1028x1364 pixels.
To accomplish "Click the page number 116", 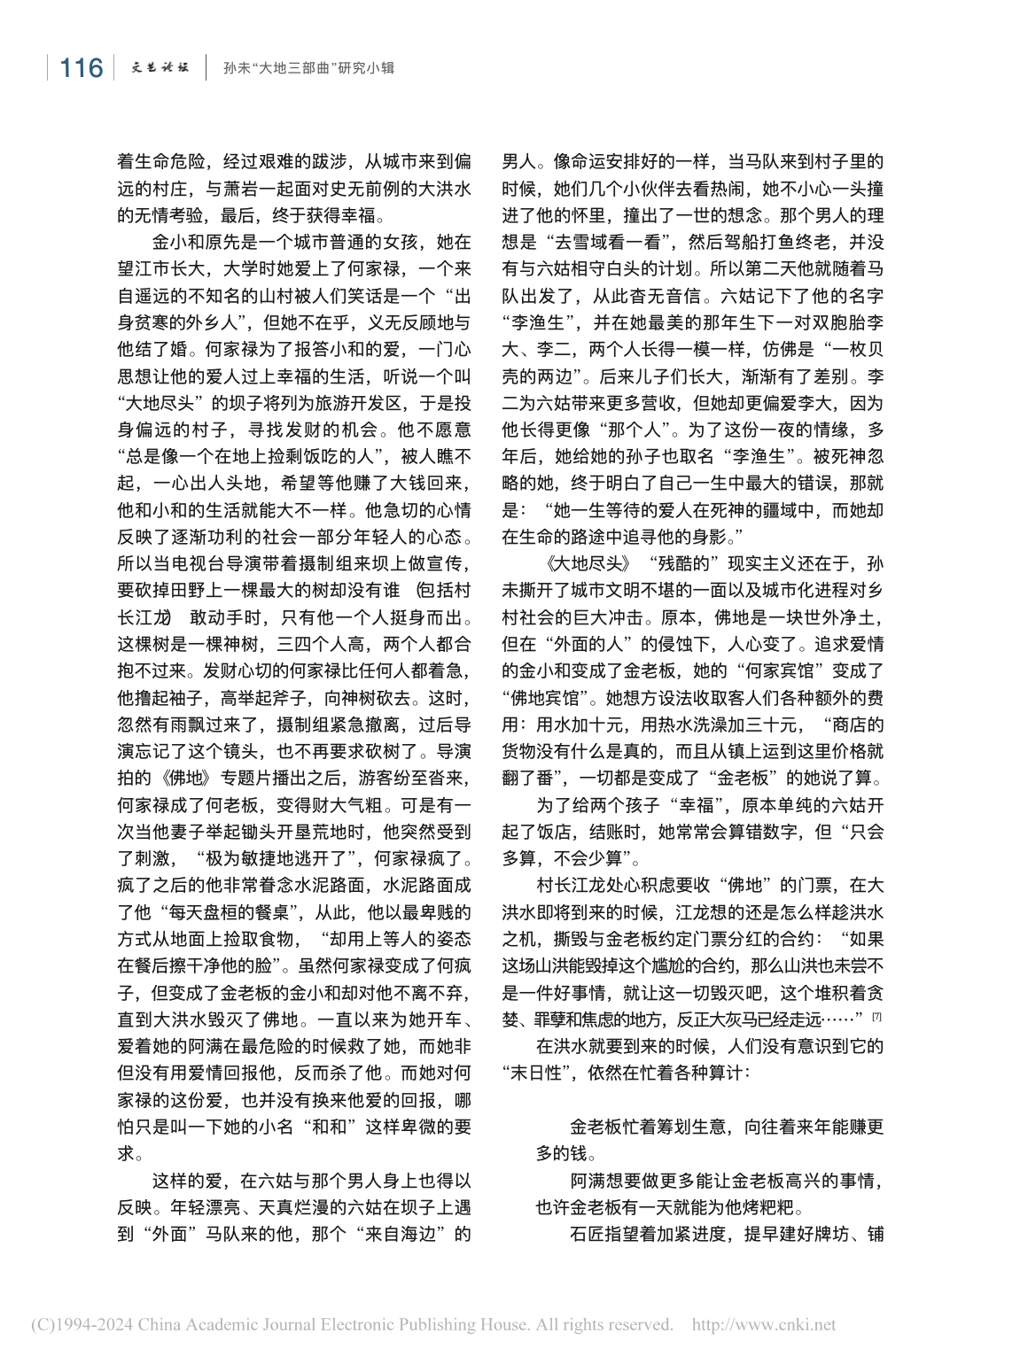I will (81, 68).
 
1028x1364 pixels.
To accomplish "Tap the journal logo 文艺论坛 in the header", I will (160, 67).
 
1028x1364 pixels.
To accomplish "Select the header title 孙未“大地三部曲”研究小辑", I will (308, 68).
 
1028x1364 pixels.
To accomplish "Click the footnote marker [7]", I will (876, 1016).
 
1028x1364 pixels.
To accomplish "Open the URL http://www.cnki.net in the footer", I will (763, 1325).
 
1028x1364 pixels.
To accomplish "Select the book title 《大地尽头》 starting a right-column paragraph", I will (588, 564).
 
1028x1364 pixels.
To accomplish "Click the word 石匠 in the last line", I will (588, 1234).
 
